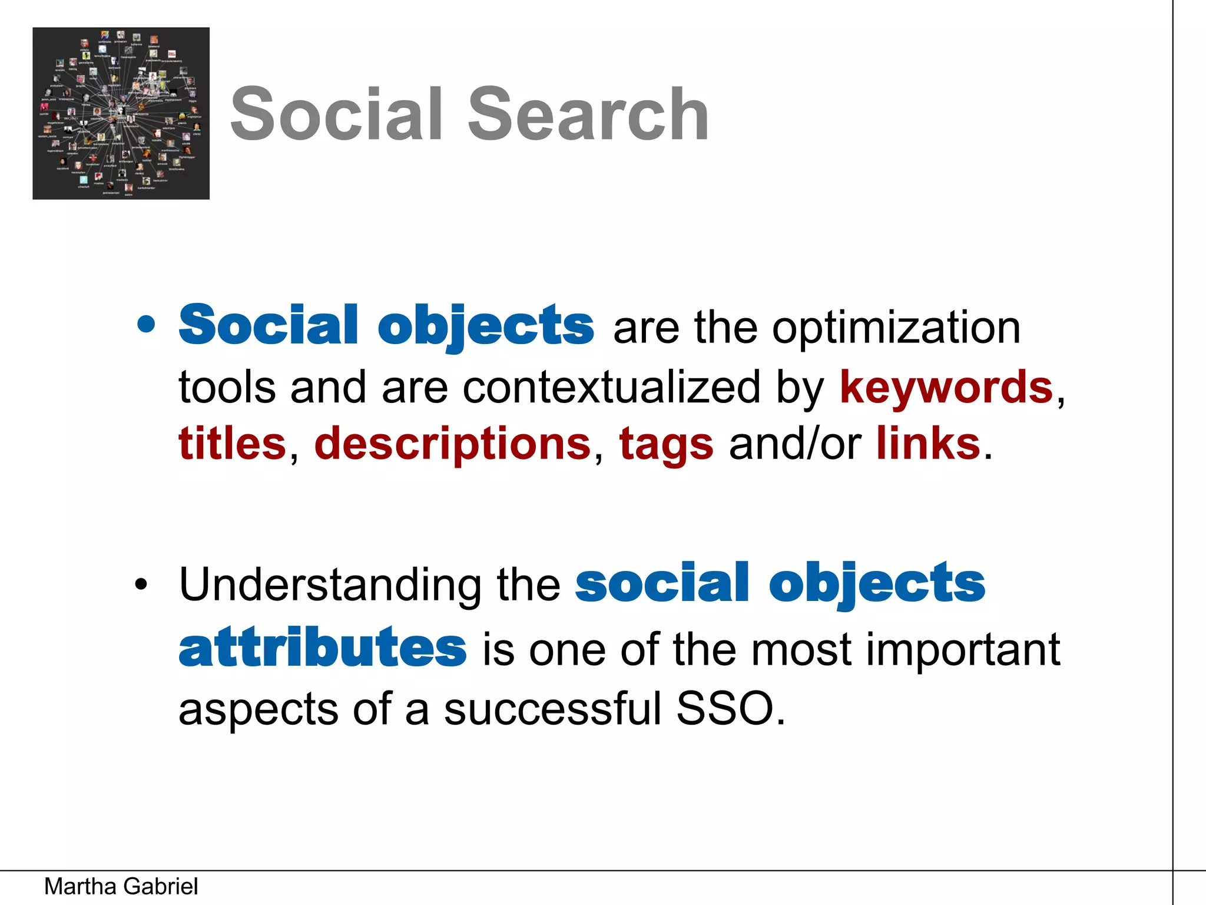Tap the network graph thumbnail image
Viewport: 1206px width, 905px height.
121,113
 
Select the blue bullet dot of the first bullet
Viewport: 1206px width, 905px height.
145,325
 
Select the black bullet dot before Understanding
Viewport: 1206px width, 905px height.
141,585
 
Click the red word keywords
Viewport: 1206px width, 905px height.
946,387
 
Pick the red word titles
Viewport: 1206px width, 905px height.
232,444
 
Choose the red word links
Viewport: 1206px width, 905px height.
928,444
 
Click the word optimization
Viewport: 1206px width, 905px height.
896,328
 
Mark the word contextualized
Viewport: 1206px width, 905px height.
611,387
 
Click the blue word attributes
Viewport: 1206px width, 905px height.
323,648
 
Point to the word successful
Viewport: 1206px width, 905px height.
553,709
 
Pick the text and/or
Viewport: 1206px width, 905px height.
795,444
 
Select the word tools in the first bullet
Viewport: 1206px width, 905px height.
227,387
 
